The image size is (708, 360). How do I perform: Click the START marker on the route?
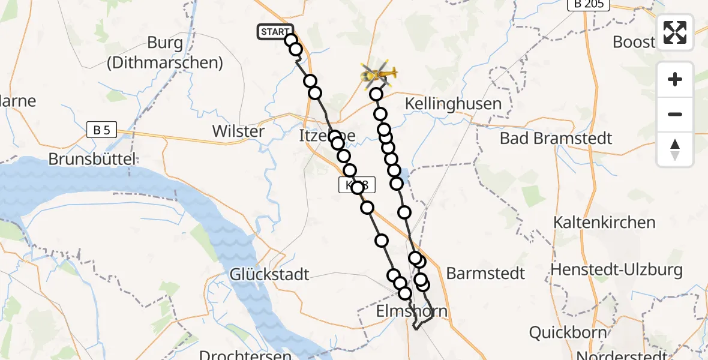click(x=275, y=32)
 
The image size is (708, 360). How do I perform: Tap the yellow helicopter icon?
click(x=378, y=74)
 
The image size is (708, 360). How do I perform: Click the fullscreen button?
click(x=675, y=32)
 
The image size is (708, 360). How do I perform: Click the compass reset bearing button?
click(x=675, y=149)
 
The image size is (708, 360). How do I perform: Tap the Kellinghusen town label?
click(x=453, y=103)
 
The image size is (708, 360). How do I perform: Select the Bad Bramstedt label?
click(x=556, y=138)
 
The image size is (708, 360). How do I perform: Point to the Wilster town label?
click(x=238, y=131)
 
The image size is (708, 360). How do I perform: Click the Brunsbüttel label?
click(x=92, y=159)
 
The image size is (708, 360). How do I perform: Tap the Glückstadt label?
click(x=269, y=274)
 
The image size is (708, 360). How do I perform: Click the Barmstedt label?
click(x=485, y=274)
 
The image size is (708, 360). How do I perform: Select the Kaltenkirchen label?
click(x=604, y=223)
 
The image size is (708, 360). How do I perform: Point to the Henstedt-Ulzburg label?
click(x=617, y=269)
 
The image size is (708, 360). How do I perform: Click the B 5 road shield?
click(x=101, y=130)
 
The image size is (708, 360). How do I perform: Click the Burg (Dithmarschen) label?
click(x=165, y=52)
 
